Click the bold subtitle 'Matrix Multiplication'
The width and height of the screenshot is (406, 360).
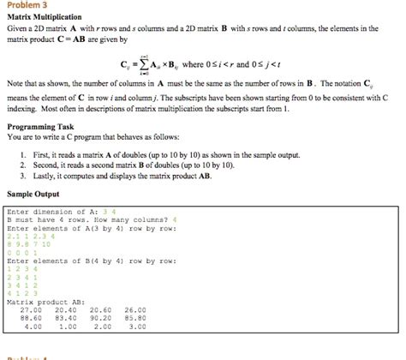tap(44, 17)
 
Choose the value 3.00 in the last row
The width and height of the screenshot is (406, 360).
tap(135, 327)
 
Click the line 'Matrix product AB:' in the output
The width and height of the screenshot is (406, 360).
tap(45, 302)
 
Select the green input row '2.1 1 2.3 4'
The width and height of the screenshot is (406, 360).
tap(29, 237)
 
